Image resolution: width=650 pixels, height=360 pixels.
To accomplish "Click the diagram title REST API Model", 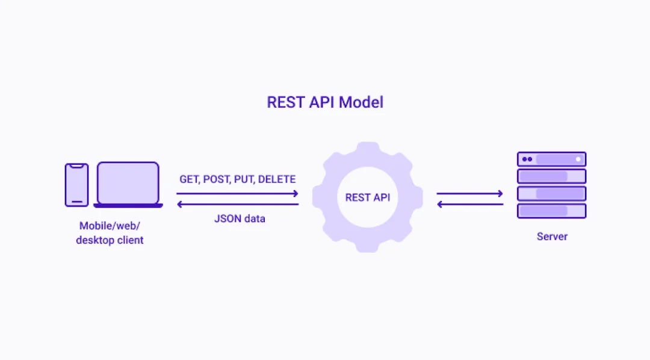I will pos(325,102).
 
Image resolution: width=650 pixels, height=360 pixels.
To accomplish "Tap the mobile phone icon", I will pos(76,185).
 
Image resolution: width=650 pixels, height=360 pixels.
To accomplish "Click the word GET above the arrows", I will pos(189,179).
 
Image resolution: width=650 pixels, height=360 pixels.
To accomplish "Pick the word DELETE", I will pos(277,179).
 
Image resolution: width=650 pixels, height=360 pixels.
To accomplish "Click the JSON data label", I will pos(240,219).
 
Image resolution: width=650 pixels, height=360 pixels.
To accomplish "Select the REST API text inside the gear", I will pos(367,197).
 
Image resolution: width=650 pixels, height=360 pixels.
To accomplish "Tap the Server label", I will pos(552,237).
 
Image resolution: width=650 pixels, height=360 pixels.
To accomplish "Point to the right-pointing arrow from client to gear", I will pos(238,193).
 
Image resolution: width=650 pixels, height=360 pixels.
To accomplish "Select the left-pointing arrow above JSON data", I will pos(238,205).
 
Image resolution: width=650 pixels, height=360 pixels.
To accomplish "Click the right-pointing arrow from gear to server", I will pos(469,193).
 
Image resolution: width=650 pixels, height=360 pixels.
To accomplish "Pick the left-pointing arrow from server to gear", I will pos(469,205).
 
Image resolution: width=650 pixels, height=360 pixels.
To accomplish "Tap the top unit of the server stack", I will pos(552,160).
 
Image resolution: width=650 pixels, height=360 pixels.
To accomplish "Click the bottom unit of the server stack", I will pos(552,211).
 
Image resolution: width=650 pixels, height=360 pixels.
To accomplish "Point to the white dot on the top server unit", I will pos(578,160).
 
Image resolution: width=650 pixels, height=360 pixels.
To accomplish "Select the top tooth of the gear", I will pos(367,148).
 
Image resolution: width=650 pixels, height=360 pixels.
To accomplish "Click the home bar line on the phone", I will pos(76,202).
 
